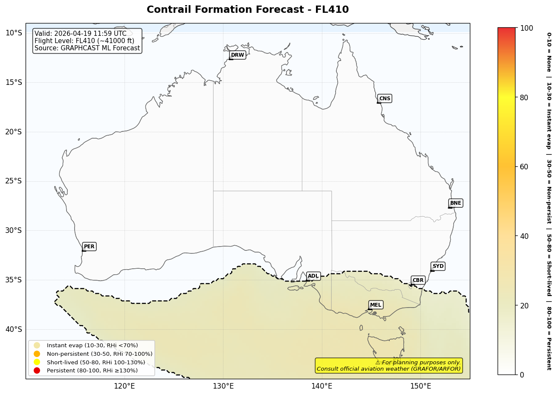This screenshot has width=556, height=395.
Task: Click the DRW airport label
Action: pyautogui.click(x=237, y=55)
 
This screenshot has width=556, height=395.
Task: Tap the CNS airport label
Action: pyautogui.click(x=385, y=99)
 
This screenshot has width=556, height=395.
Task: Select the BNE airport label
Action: pyautogui.click(x=455, y=203)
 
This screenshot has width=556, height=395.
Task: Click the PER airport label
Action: pyautogui.click(x=89, y=247)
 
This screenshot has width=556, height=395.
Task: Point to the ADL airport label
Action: pyautogui.click(x=313, y=276)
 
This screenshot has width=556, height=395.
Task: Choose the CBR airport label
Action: pyautogui.click(x=418, y=280)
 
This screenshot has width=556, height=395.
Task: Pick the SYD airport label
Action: pyautogui.click(x=438, y=266)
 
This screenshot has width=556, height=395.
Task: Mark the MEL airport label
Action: pyautogui.click(x=376, y=305)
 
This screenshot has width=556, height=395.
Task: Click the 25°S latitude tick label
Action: pyautogui.click(x=13, y=181)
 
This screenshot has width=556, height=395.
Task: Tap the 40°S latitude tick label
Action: pyautogui.click(x=13, y=329)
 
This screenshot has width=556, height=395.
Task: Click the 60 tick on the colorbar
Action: pyautogui.click(x=524, y=167)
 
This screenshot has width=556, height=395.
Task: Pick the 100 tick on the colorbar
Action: pyautogui.click(x=526, y=28)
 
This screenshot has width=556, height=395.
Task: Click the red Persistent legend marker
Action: pyautogui.click(x=37, y=370)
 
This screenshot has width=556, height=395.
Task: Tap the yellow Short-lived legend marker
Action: pyautogui.click(x=37, y=362)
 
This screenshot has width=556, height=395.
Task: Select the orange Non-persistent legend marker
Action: pyautogui.click(x=37, y=354)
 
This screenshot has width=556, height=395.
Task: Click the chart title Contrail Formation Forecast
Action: pyautogui.click(x=247, y=10)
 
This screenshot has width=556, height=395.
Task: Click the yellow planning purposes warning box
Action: pyautogui.click(x=388, y=366)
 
